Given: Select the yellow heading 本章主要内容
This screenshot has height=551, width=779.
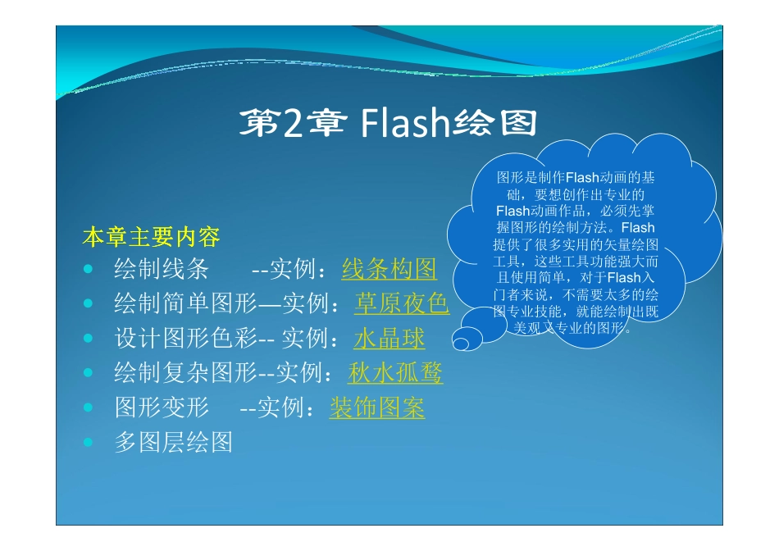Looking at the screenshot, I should coord(151,238).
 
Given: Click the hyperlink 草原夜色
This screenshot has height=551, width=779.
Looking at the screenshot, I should coord(401,304).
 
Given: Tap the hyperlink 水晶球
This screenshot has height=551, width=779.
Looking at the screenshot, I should coord(389,339).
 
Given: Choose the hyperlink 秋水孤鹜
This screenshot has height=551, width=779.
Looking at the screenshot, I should coord(395,373).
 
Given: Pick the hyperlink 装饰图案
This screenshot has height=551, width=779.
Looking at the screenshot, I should coord(377,408).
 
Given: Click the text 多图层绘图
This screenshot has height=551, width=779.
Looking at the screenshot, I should coord(173,443).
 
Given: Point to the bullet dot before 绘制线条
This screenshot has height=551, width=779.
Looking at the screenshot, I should coord(88,270).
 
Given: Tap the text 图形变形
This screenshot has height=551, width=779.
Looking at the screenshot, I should coord(162,408).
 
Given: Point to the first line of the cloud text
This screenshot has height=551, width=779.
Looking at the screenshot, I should coord(576,178).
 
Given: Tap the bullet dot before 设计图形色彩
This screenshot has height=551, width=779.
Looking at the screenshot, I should coord(88,339).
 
